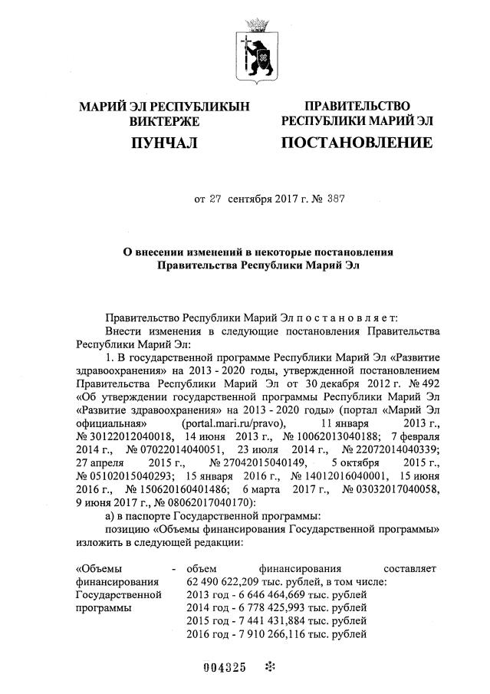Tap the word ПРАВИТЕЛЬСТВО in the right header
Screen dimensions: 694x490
(357, 106)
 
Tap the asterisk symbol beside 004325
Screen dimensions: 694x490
(268, 667)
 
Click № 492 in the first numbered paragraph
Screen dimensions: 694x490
(422, 383)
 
